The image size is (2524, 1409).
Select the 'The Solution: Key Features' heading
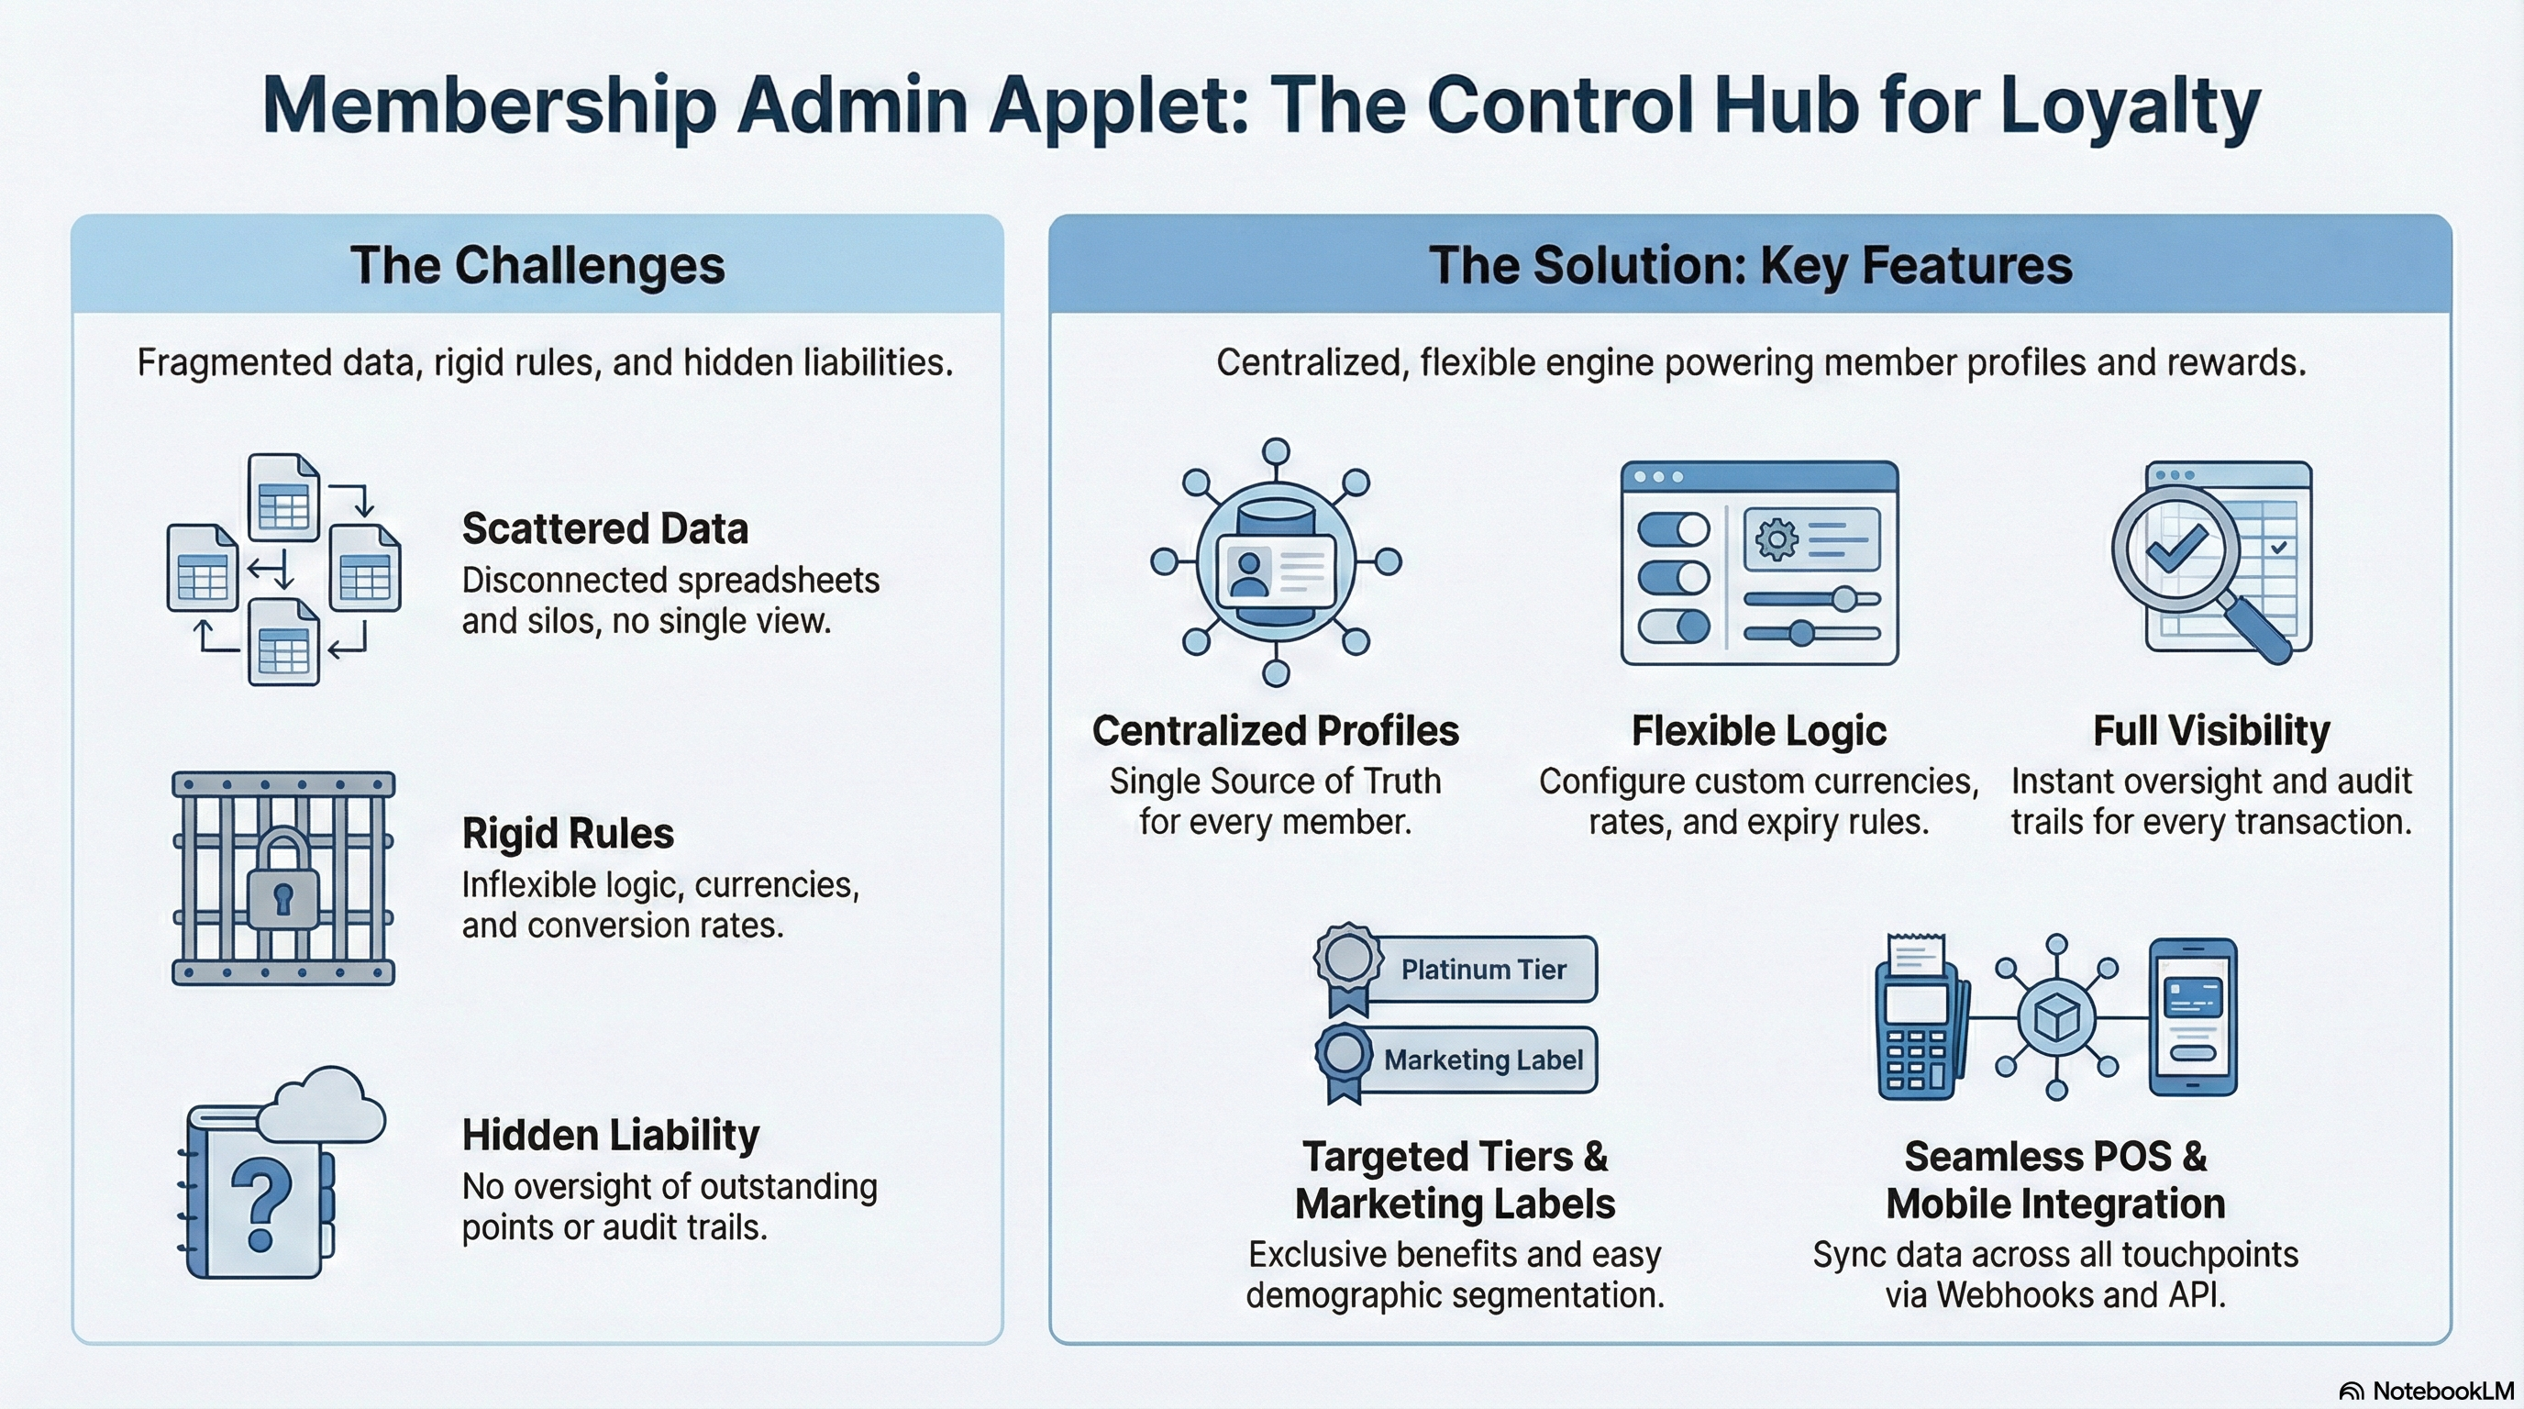1750,265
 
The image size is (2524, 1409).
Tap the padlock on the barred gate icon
283,882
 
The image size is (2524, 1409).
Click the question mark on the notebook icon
260,1204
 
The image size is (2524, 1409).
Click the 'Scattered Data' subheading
604,529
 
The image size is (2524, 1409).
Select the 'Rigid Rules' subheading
568,834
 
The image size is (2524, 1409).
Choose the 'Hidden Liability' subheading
611,1136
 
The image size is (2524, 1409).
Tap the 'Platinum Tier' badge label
1482,970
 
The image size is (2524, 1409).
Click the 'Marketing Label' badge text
1482,1060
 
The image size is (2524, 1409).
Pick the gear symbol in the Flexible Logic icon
1777,538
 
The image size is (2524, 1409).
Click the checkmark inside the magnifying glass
2176,549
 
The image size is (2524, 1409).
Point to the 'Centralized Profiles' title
1275,731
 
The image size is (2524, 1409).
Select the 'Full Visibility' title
2211,731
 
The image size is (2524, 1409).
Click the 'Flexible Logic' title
1759,731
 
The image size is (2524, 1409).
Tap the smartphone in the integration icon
2193,1016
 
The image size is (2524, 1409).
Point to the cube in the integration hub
2055,1018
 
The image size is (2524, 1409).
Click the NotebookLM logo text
2442,1392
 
